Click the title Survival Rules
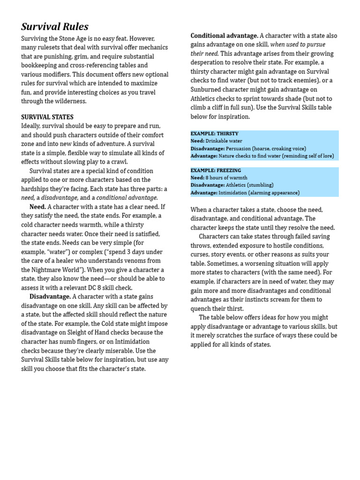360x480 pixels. coord(55,27)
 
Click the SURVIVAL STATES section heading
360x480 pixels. coord(47,117)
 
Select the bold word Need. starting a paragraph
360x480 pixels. coord(37,207)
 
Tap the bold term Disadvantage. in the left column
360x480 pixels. coord(50,297)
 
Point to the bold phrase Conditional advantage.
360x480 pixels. coord(224,36)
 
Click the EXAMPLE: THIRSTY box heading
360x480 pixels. coord(214,134)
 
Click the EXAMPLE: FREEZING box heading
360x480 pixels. coord(215,171)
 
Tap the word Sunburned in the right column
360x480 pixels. coord(206,90)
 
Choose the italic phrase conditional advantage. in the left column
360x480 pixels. coord(127,198)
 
